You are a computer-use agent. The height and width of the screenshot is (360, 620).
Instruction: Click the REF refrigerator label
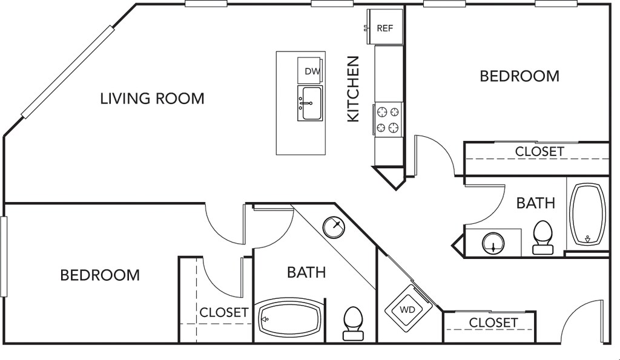pyautogui.click(x=384, y=28)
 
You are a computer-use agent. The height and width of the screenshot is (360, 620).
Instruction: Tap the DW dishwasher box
pyautogui.click(x=310, y=70)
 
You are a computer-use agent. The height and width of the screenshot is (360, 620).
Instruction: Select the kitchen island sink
pyautogui.click(x=310, y=103)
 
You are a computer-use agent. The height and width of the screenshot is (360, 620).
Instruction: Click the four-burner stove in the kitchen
pyautogui.click(x=387, y=119)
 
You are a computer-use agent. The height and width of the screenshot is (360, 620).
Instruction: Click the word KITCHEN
pyautogui.click(x=353, y=89)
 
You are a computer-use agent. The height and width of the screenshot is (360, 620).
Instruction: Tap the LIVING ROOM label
pyautogui.click(x=152, y=99)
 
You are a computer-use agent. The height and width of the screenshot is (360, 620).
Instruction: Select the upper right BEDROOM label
pyautogui.click(x=519, y=76)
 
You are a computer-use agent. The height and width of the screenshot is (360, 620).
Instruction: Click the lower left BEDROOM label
pyautogui.click(x=100, y=275)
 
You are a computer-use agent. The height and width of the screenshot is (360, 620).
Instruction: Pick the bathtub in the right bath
pyautogui.click(x=587, y=214)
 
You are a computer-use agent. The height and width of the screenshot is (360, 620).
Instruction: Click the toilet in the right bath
pyautogui.click(x=542, y=238)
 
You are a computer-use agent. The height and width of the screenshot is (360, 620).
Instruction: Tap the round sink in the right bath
pyautogui.click(x=493, y=243)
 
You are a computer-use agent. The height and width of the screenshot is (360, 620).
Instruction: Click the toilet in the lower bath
pyautogui.click(x=353, y=324)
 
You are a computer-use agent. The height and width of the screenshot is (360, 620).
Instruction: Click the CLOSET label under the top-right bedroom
pyautogui.click(x=539, y=151)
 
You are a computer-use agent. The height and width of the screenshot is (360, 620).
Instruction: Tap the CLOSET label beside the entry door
pyautogui.click(x=493, y=323)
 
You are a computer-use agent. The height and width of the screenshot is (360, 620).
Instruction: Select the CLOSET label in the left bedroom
pyautogui.click(x=224, y=313)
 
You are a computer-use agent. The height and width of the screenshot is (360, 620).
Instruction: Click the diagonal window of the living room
pyautogui.click(x=68, y=73)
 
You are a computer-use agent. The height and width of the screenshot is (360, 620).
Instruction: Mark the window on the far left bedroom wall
pyautogui.click(x=4, y=257)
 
